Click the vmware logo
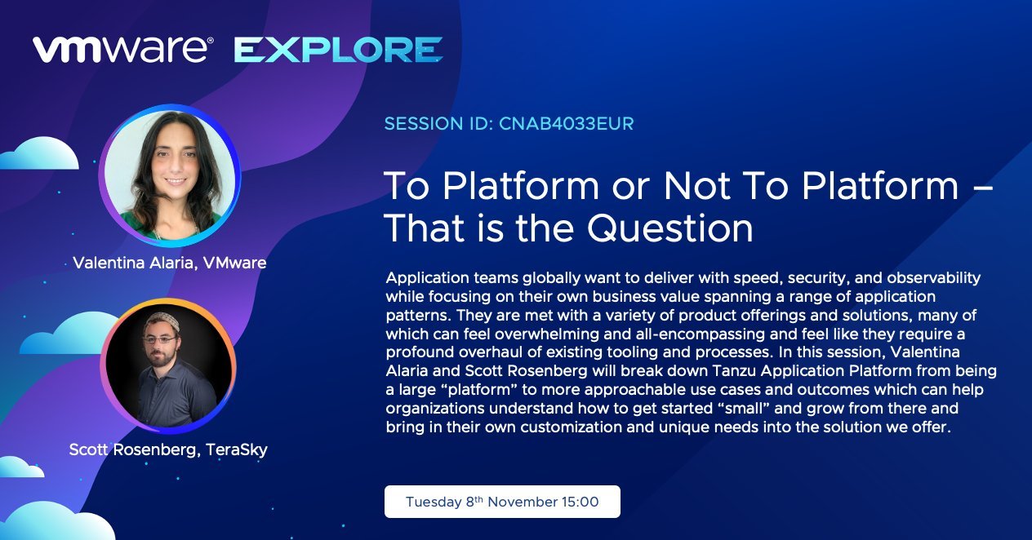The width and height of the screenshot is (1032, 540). [122, 50]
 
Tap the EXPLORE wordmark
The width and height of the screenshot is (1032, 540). [339, 50]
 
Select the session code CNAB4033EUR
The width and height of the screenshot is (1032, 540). [567, 123]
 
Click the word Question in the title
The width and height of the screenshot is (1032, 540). [669, 228]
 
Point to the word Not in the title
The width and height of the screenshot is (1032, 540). [697, 185]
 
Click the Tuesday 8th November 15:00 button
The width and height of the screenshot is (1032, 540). [502, 502]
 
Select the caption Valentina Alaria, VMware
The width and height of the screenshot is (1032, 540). [170, 263]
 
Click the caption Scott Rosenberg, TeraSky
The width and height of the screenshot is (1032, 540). [168, 449]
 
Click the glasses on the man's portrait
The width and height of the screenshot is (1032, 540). [160, 340]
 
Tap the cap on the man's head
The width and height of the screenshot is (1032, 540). [162, 320]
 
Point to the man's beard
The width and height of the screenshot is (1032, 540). [162, 356]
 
